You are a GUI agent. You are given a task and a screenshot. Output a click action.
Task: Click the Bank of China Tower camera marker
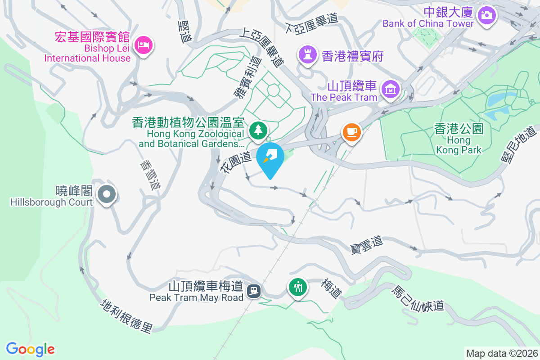click(486, 15)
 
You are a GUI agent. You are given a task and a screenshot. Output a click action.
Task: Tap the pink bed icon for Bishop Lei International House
click(144, 45)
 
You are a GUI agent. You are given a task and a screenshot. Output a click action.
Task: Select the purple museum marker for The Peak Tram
click(390, 89)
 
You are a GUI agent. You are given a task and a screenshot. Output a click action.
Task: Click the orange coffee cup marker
click(351, 132)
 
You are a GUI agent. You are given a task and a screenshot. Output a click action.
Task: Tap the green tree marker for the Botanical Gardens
click(259, 130)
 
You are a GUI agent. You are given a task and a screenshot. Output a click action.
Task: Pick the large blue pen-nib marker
click(270, 157)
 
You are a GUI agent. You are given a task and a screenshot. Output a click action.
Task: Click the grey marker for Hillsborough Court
click(107, 195)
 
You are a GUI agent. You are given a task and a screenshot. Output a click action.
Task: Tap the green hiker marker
click(297, 287)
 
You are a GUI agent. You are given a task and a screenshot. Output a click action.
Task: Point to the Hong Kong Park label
click(459, 139)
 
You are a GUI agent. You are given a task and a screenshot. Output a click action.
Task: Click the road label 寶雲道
click(366, 245)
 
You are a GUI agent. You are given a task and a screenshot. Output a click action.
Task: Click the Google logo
click(30, 349)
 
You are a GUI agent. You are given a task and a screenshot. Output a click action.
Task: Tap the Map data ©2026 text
click(501, 354)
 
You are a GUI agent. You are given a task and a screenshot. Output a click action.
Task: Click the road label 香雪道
click(150, 176)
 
